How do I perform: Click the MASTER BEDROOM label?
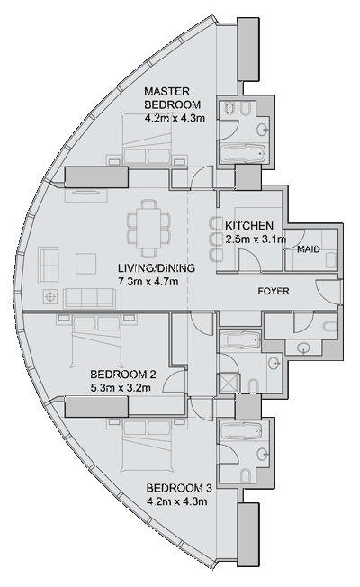(x=173, y=98)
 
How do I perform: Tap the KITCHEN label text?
(x=249, y=226)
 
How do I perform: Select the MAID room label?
(x=309, y=249)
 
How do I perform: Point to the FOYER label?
(x=274, y=291)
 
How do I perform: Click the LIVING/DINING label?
(x=157, y=268)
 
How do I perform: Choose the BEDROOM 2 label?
(x=123, y=374)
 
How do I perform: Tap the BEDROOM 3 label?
(x=179, y=488)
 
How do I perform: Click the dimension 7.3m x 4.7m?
(x=148, y=282)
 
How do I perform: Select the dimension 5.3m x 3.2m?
(x=121, y=388)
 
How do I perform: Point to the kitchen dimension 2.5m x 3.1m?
(x=256, y=239)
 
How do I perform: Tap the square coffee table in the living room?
(x=86, y=264)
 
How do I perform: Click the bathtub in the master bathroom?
(x=242, y=153)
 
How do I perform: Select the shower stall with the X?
(x=229, y=383)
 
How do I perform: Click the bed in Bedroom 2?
(x=97, y=341)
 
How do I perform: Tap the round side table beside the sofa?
(x=49, y=298)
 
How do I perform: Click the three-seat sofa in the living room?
(x=89, y=298)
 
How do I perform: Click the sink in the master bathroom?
(x=262, y=130)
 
